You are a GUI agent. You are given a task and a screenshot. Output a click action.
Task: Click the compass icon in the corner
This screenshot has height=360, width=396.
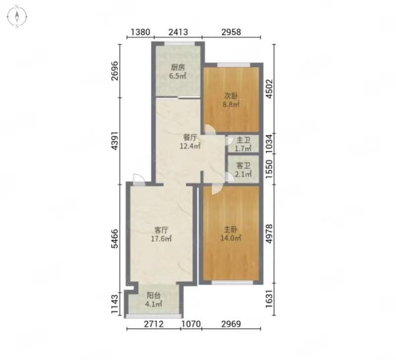17,17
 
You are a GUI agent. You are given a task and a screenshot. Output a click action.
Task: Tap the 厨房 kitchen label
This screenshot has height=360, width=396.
178,67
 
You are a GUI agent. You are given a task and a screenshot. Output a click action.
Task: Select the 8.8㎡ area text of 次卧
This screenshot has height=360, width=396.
231,104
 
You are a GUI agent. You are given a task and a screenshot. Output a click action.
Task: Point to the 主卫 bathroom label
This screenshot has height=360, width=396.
243,140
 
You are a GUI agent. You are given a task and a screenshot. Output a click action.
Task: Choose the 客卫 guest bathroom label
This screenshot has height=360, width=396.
243,166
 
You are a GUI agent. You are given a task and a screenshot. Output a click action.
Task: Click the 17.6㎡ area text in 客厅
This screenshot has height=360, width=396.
161,238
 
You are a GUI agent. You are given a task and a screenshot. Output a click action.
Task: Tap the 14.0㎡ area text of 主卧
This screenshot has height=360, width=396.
231,238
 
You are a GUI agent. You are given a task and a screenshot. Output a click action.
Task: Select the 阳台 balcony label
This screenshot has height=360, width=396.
153,295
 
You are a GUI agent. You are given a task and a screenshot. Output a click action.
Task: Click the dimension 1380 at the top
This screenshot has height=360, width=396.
141,32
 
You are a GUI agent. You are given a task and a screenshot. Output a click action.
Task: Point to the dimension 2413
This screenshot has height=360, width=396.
178,32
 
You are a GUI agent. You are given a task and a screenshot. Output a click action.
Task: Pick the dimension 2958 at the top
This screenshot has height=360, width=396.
231,32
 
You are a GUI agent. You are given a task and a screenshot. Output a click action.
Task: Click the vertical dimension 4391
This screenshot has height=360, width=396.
115,141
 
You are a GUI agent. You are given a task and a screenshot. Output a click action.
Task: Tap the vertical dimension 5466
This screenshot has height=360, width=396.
115,239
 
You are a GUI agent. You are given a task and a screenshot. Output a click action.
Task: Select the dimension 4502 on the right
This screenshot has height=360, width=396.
269,89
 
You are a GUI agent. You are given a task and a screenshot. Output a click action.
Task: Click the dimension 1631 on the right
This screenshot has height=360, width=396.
269,299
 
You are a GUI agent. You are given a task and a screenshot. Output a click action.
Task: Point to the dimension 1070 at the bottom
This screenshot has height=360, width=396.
191,324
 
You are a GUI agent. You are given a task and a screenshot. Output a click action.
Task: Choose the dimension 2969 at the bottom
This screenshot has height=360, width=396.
231,324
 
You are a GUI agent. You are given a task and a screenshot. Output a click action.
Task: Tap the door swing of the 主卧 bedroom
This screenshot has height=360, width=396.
217,190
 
